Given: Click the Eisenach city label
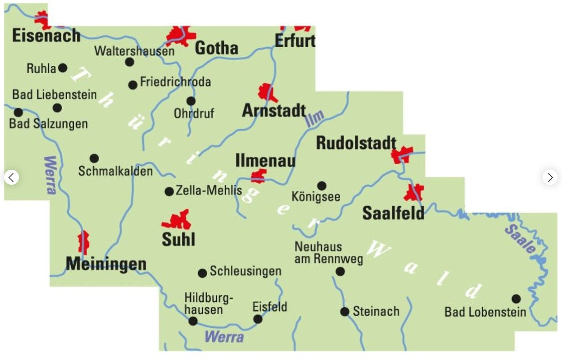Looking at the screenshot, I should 46,35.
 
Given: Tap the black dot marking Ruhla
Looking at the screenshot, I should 63,68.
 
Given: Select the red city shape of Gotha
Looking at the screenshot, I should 180,35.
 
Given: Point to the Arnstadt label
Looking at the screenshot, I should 274,111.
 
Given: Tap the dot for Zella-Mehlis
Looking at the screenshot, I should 169,191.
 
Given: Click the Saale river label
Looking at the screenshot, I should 520,239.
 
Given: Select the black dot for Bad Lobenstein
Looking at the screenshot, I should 516,299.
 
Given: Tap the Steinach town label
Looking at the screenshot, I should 376,311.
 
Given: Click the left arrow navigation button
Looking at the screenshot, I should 11,177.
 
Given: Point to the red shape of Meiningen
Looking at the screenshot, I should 83,242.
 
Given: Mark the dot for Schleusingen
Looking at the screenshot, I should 202,273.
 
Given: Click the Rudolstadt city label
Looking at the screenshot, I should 356,143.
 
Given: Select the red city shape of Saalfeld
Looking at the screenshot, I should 414,192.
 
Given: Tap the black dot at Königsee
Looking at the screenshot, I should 322,186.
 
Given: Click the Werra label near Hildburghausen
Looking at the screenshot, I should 224,337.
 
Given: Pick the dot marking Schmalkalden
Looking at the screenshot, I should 94,158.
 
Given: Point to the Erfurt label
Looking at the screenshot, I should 295,40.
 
